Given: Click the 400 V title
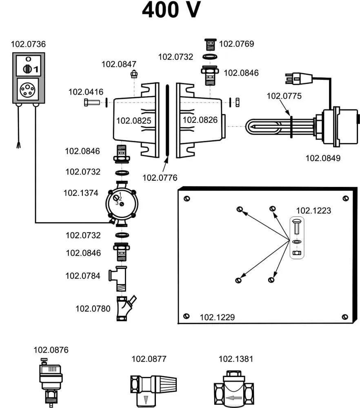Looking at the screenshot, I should click(171, 10).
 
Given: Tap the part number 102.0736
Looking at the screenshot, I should click(29, 44).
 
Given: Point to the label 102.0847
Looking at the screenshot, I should click(119, 64).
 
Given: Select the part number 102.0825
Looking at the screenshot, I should click(133, 120).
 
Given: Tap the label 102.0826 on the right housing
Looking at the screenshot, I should click(200, 120).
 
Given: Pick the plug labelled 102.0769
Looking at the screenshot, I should click(210, 43).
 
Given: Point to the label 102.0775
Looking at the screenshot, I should click(284, 96).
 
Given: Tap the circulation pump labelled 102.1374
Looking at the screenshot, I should click(121, 203).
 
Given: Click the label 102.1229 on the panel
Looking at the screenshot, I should click(217, 317).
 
